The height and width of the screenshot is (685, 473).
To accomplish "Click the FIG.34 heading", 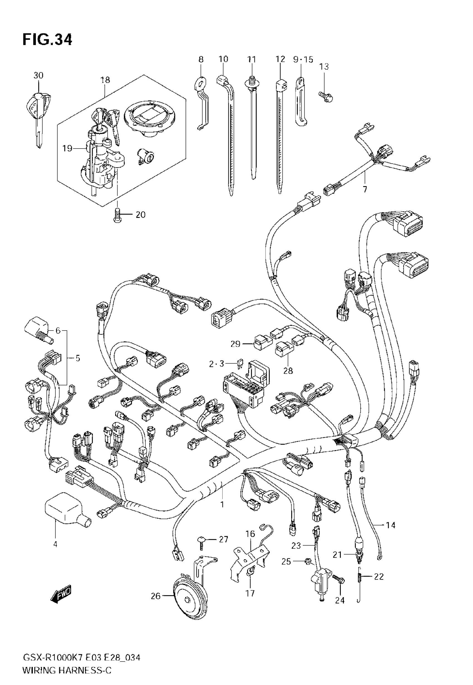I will point(47,40).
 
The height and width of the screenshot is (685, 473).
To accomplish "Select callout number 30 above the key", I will point(38,76).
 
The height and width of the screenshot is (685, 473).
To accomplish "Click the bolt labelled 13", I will point(326,96).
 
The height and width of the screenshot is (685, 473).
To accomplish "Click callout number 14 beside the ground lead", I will point(391,525).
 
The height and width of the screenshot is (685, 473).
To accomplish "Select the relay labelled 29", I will point(263,343).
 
